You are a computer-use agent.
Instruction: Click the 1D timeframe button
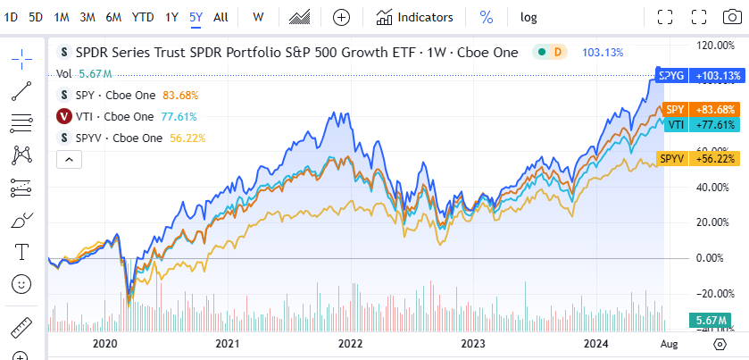[x=12, y=17]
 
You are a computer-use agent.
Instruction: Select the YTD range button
[x=142, y=17]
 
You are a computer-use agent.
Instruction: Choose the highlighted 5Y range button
[x=196, y=17]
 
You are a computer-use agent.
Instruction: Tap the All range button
[x=221, y=17]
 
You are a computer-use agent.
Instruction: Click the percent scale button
[x=487, y=17]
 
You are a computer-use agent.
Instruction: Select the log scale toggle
[x=529, y=17]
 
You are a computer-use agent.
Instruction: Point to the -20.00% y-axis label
[x=713, y=293]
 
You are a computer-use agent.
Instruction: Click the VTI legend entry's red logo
[x=64, y=116]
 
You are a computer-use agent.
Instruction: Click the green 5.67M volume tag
[x=710, y=321]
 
